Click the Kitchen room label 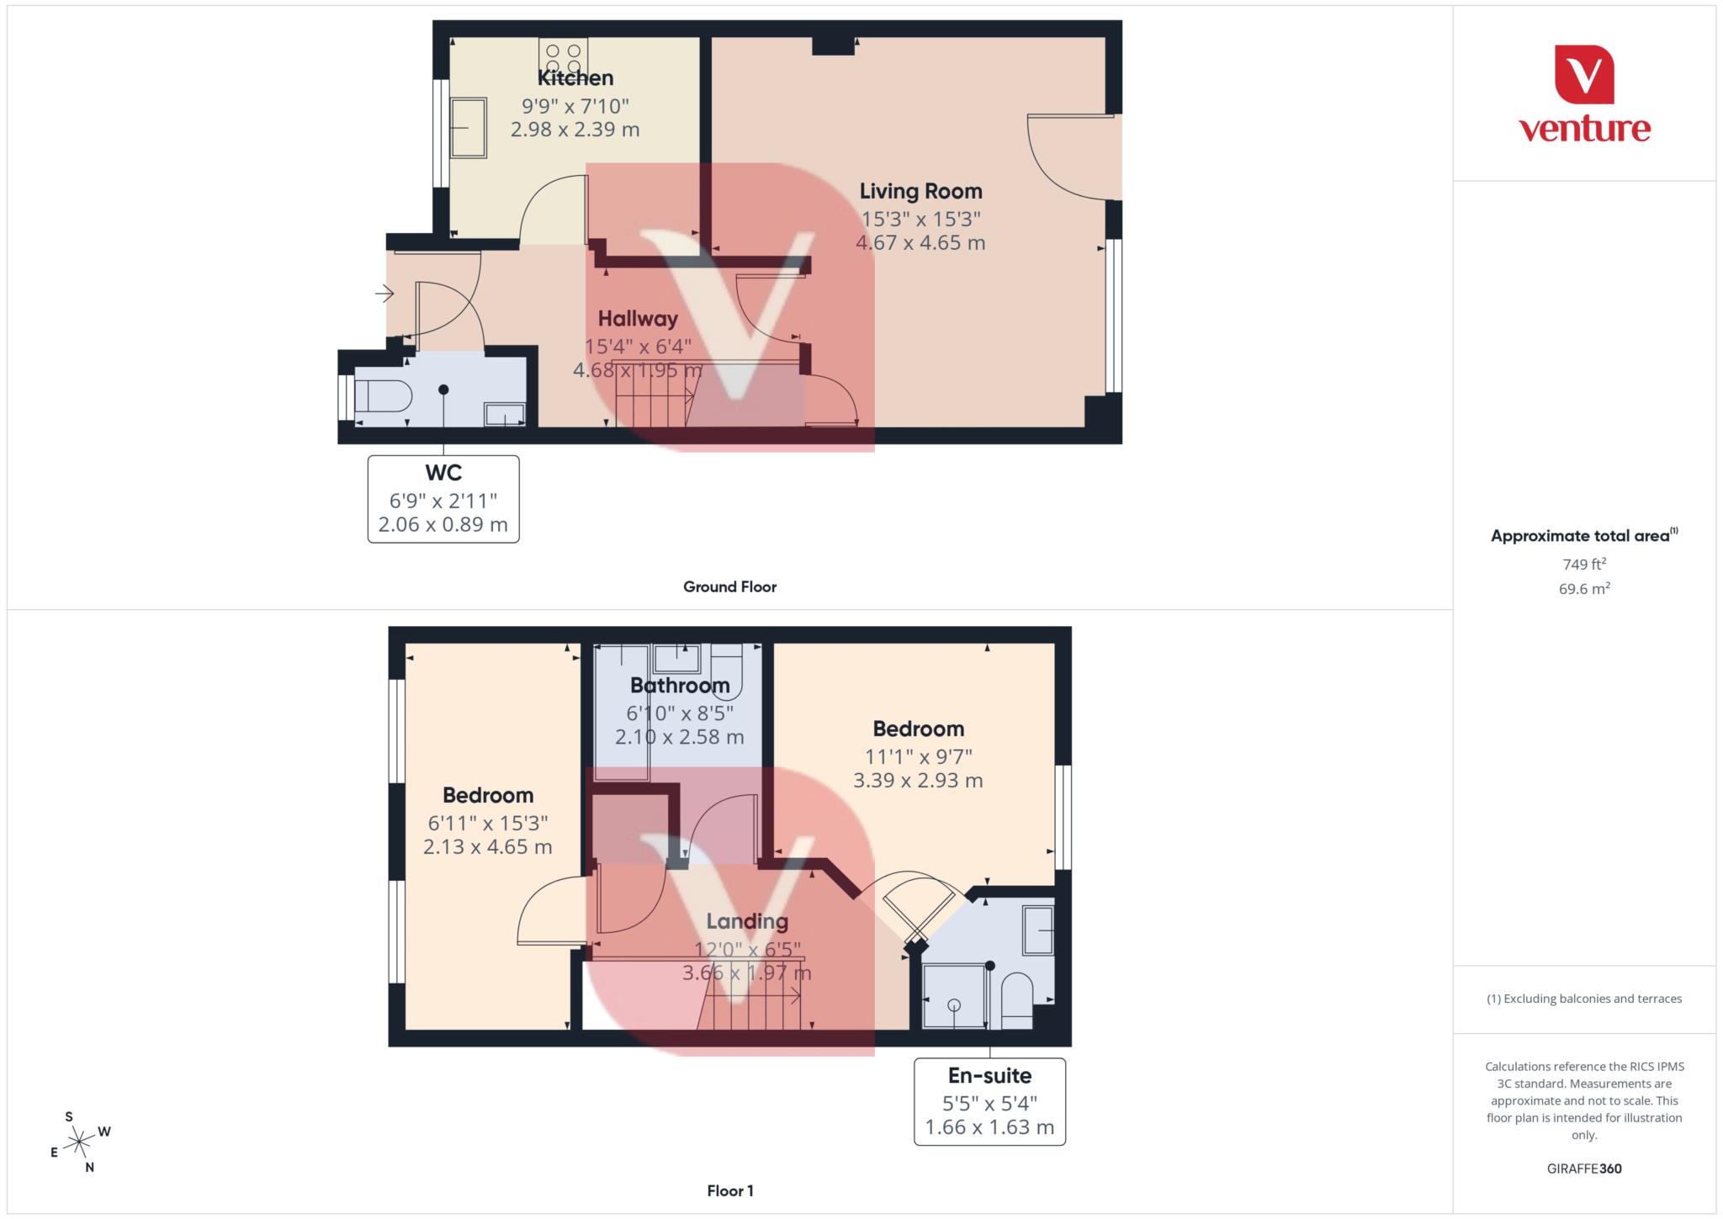click(575, 78)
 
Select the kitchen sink click(468, 128)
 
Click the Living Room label click(920, 191)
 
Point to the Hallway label click(638, 319)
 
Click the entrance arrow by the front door click(384, 294)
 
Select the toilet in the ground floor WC click(380, 395)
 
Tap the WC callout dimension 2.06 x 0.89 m click(443, 525)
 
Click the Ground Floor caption click(729, 587)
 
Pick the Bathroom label click(680, 686)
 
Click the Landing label click(747, 921)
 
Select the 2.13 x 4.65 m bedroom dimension click(488, 847)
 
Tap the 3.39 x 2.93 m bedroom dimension click(918, 781)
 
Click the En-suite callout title click(989, 1075)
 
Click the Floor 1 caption click(729, 1190)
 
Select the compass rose click(79, 1142)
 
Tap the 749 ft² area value click(1584, 564)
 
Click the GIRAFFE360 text click(1584, 1169)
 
